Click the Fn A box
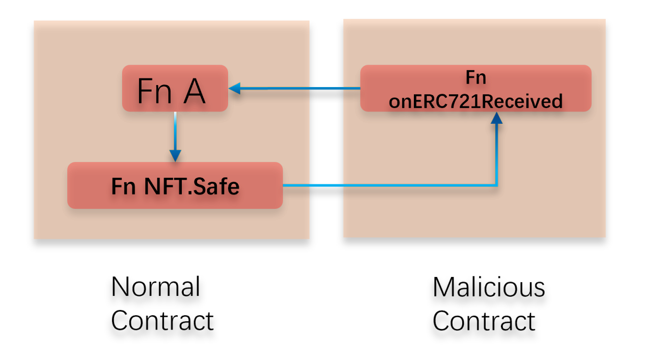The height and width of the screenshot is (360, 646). (x=175, y=88)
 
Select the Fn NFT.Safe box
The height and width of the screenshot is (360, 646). (x=175, y=185)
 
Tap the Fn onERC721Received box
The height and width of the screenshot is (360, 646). (x=475, y=88)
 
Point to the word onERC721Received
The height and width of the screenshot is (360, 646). (x=475, y=101)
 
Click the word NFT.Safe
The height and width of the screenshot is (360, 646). (x=192, y=186)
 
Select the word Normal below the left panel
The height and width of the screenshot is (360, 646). (x=155, y=287)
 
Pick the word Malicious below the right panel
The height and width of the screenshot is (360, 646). (x=489, y=287)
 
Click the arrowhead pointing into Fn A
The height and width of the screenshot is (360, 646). (x=234, y=89)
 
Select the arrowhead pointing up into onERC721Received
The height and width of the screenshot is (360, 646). (x=497, y=118)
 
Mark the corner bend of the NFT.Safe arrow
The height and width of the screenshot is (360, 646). (x=497, y=185)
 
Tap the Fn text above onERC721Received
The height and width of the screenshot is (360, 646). (x=475, y=77)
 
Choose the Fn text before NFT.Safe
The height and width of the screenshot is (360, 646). (x=123, y=186)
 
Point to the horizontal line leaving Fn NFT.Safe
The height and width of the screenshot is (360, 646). (x=387, y=185)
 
